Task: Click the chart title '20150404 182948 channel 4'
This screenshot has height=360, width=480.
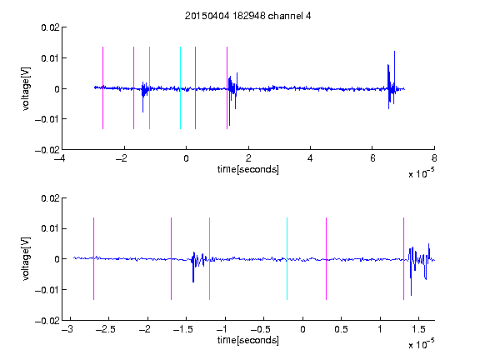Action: [247, 16]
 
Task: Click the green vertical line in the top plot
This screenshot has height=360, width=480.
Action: [149, 87]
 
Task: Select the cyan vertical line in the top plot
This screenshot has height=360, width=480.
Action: [180, 87]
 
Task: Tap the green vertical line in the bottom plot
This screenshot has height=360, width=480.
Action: [209, 258]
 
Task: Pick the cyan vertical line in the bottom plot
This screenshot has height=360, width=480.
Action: [287, 258]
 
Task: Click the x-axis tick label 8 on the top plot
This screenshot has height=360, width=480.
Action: [434, 158]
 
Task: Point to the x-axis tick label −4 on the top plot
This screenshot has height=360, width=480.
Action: [59, 158]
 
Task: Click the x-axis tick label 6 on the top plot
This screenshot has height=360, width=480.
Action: [372, 158]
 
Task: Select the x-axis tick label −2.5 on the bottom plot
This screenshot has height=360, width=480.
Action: [105, 329]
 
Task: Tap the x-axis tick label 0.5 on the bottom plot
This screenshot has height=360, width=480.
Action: [341, 329]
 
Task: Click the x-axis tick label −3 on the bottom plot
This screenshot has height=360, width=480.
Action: [67, 329]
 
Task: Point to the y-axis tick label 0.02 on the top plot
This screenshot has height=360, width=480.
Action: [50, 27]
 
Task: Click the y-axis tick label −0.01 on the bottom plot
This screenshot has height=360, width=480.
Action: [47, 290]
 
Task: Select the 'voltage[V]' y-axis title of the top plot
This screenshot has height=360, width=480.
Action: [26, 89]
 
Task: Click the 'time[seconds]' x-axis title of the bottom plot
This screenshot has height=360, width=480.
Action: [248, 340]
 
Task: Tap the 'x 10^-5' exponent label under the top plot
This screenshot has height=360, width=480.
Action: [422, 173]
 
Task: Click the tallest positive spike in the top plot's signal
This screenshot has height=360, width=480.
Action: [395, 52]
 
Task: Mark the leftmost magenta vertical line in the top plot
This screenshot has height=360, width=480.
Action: [102, 87]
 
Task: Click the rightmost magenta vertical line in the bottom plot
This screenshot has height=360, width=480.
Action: [403, 258]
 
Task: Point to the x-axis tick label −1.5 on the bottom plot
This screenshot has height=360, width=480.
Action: [183, 329]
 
